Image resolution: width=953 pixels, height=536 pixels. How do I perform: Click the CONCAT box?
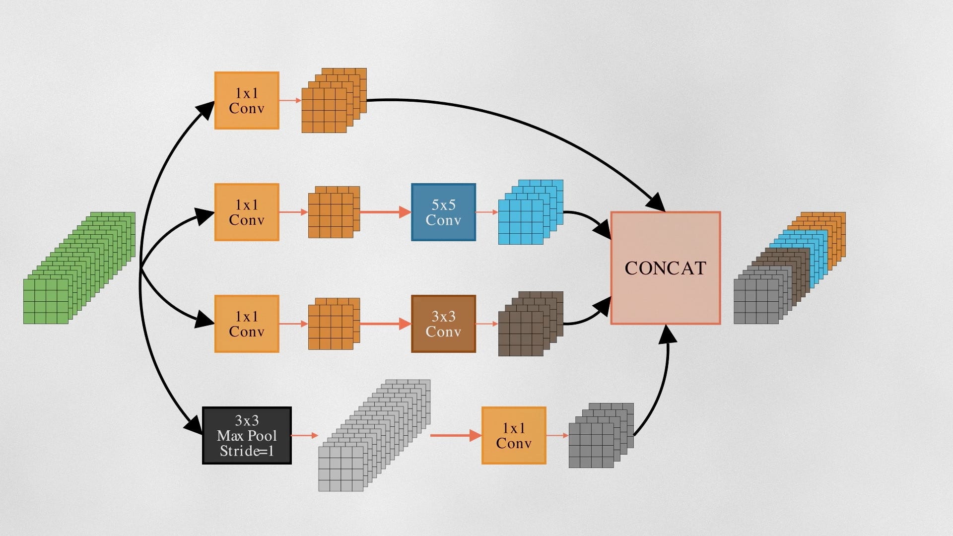[x=665, y=268]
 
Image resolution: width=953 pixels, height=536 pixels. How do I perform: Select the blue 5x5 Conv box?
[x=443, y=212]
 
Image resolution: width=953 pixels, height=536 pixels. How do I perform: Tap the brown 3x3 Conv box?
[x=443, y=324]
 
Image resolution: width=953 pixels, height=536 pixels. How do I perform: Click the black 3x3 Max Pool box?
[x=247, y=436]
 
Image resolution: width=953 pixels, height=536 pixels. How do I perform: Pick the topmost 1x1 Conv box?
[x=247, y=101]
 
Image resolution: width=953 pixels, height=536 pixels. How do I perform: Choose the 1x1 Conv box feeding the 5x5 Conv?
[x=247, y=212]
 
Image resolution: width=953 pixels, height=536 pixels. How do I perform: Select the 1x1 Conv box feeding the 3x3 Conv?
[x=247, y=324]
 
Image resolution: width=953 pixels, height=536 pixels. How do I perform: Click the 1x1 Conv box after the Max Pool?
[x=514, y=436]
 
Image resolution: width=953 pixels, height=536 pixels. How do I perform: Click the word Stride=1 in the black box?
[x=247, y=451]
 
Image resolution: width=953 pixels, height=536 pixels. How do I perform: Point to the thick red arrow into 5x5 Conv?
[x=385, y=212]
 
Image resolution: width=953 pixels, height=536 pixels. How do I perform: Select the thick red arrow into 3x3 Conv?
[x=385, y=324]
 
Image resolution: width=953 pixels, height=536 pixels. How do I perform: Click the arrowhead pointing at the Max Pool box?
[x=194, y=426]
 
